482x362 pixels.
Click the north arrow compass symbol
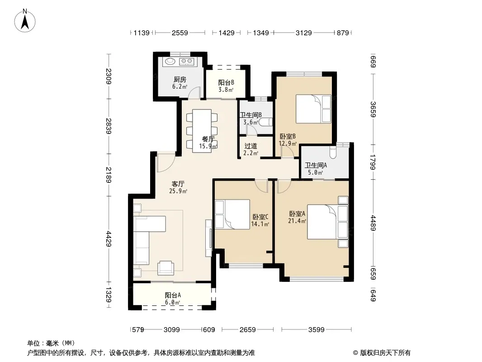(x=25, y=21)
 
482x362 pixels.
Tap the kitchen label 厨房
(x=180, y=80)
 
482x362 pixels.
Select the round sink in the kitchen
(x=170, y=61)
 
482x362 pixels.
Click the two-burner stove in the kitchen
(x=186, y=62)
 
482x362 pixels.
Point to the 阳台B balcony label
(x=226, y=82)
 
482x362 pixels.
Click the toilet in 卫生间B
(x=265, y=122)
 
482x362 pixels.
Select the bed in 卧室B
(x=313, y=109)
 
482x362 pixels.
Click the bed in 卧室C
(x=232, y=214)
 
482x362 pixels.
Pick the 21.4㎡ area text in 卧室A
(x=297, y=221)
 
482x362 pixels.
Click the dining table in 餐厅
(x=202, y=131)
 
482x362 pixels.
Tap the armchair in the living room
(x=165, y=267)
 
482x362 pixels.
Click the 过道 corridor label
(x=250, y=146)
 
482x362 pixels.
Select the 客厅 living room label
(x=178, y=184)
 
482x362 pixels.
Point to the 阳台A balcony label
(x=173, y=295)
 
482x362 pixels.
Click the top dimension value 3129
(x=304, y=33)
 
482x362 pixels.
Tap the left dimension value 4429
(x=109, y=238)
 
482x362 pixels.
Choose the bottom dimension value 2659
(x=248, y=330)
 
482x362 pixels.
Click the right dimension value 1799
(x=373, y=162)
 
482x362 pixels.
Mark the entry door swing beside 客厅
(x=166, y=162)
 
